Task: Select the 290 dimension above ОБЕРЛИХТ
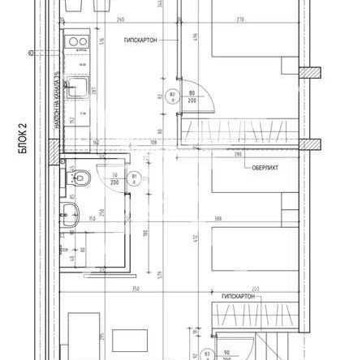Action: pos(239,153)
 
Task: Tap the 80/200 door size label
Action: pos(192,97)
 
